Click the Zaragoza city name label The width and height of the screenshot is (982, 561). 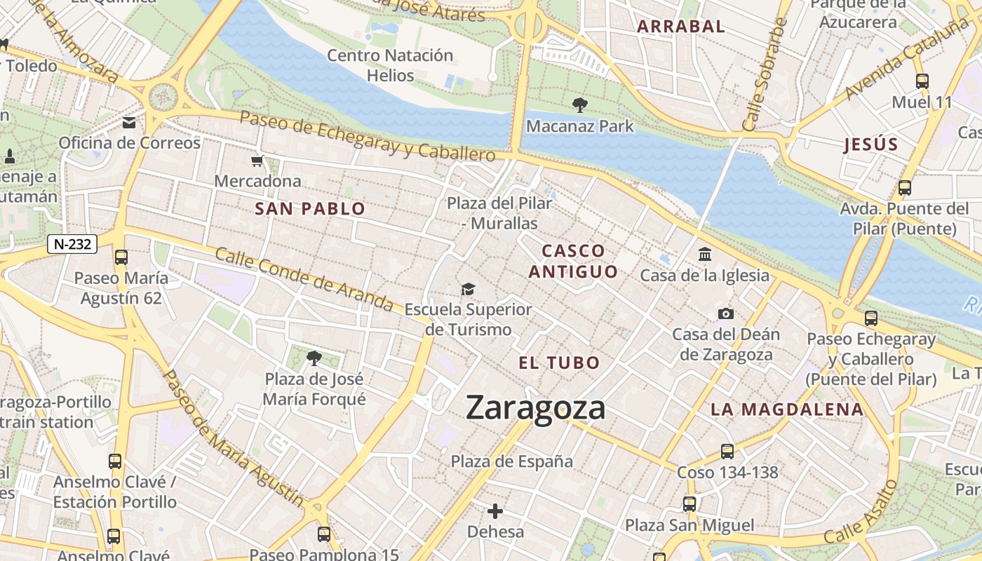click(x=535, y=407)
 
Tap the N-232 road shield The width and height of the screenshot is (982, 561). click(x=72, y=244)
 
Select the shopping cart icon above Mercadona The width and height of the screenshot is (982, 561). click(x=257, y=161)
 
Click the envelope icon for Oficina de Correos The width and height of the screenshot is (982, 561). click(x=129, y=123)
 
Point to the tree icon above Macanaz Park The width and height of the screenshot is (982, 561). click(x=579, y=106)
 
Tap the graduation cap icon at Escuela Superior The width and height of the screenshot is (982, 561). click(x=468, y=289)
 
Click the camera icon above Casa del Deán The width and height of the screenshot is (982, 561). click(x=725, y=313)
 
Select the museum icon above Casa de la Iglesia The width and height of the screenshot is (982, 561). click(x=704, y=254)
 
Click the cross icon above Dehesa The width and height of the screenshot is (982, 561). click(x=495, y=511)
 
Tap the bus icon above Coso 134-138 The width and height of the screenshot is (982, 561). click(x=727, y=452)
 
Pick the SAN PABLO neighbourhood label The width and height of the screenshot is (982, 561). click(x=310, y=208)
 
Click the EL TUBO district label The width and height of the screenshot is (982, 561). click(x=559, y=363)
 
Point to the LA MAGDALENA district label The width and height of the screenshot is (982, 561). click(x=786, y=410)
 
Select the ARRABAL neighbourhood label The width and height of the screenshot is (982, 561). click(x=680, y=27)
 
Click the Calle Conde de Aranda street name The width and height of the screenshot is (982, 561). click(x=304, y=279)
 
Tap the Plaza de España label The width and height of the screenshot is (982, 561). click(x=511, y=461)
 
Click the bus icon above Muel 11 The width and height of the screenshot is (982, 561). click(x=922, y=81)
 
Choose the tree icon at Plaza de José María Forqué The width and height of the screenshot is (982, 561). click(x=314, y=358)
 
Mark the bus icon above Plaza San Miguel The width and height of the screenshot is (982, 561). click(x=690, y=504)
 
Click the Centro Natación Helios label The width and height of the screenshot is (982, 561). click(x=390, y=65)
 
